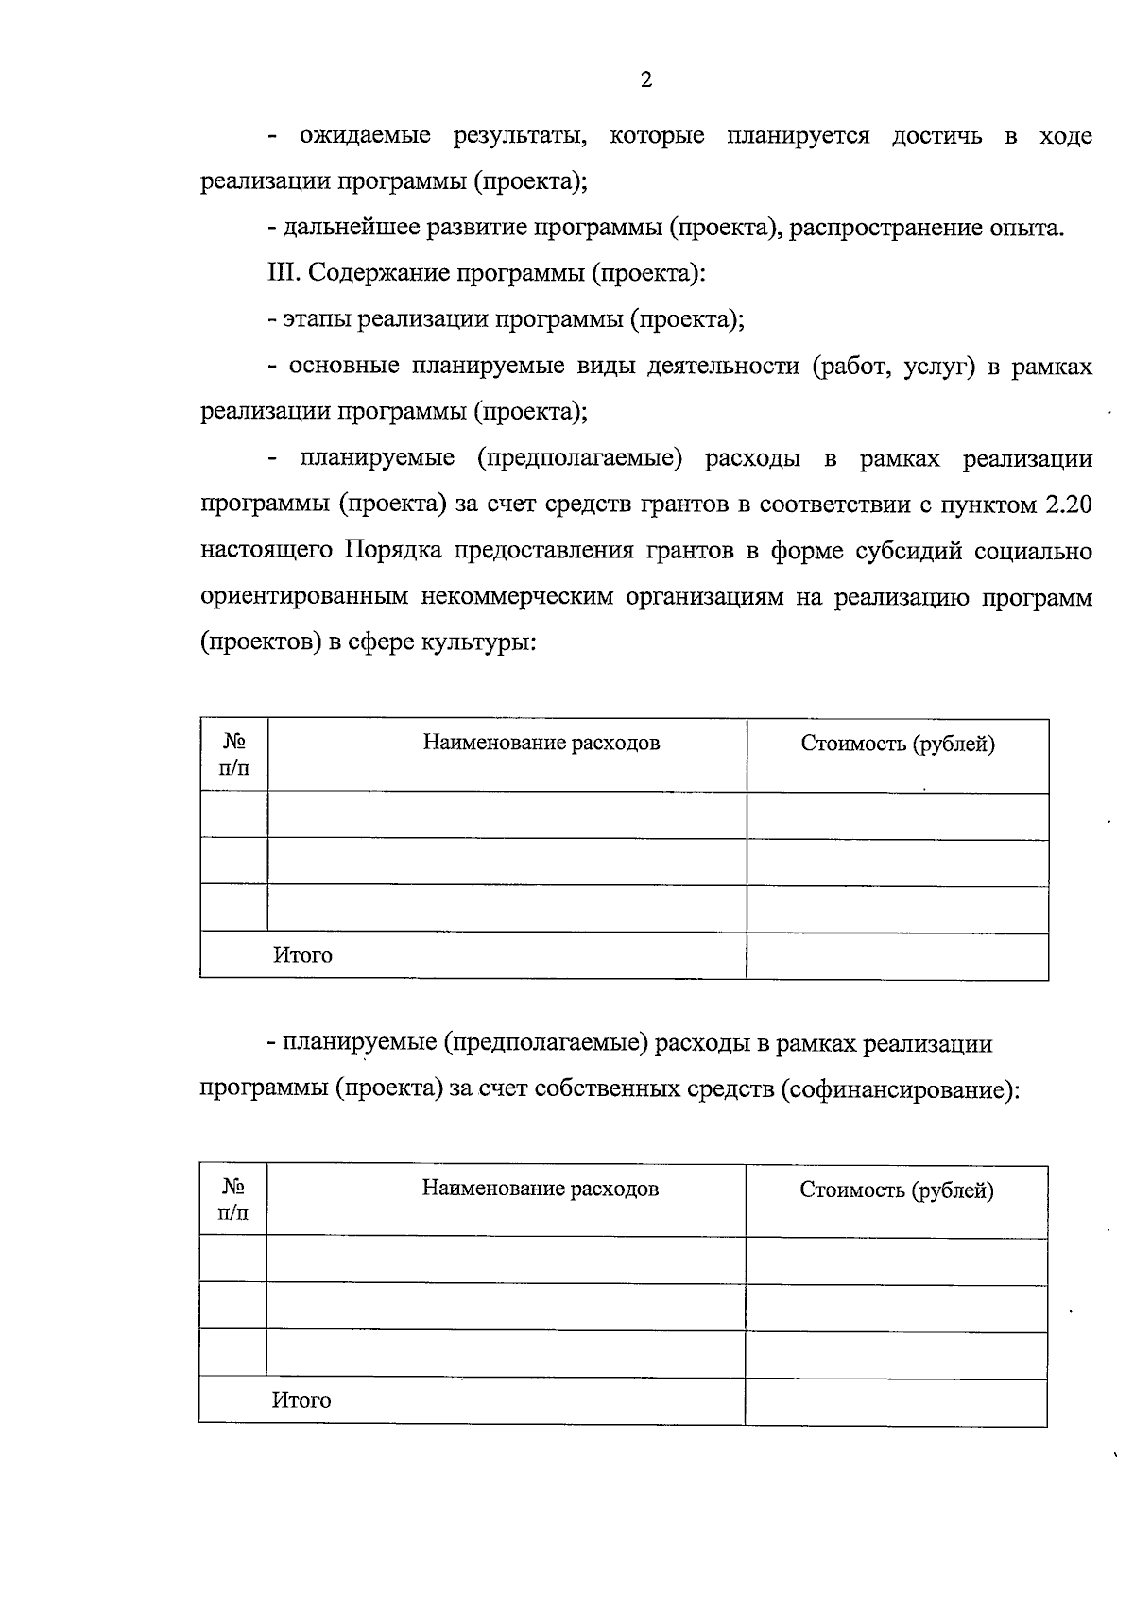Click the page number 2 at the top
click(x=646, y=80)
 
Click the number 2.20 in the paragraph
click(x=1068, y=505)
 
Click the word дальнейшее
click(x=352, y=228)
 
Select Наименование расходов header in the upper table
click(x=541, y=744)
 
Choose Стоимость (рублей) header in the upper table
click(x=898, y=745)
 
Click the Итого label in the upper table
click(x=302, y=955)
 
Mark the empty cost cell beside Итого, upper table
click(x=897, y=956)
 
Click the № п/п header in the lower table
click(x=233, y=1200)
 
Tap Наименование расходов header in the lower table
click(x=540, y=1189)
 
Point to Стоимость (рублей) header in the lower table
click(x=897, y=1190)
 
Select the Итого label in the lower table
click(x=301, y=1400)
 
